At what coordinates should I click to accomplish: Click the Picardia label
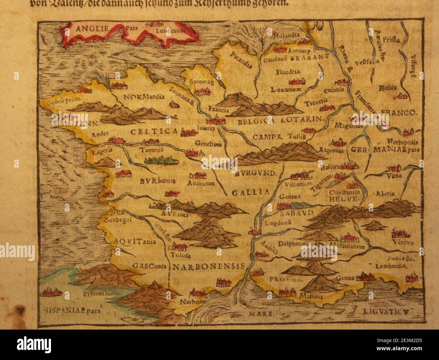(242, 60)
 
